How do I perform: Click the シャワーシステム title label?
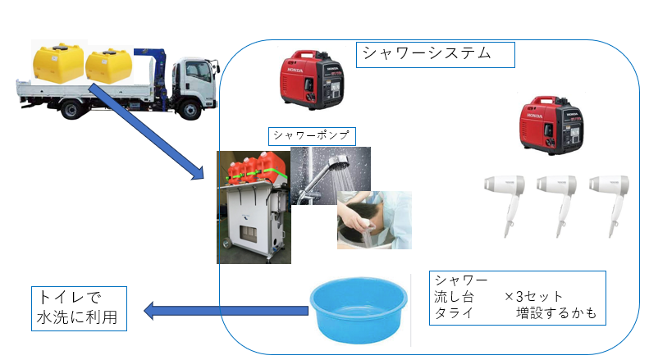point(435,54)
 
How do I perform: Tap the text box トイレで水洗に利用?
point(79,307)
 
